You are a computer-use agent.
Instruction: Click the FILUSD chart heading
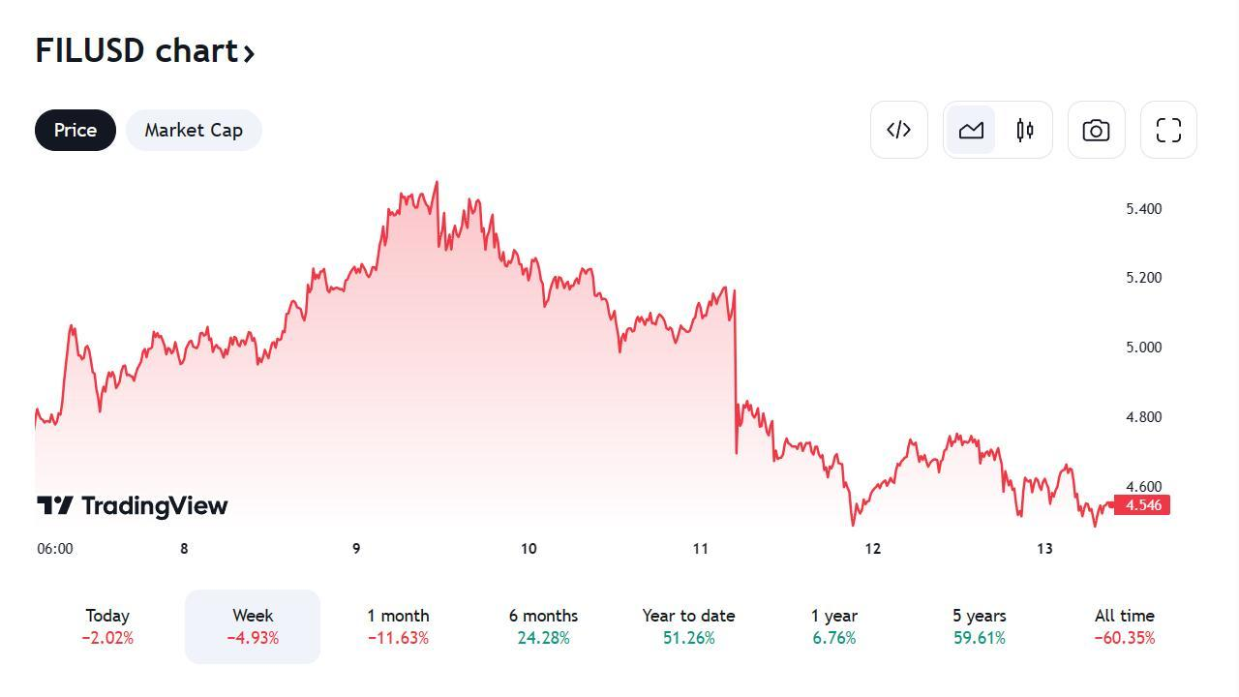pos(145,50)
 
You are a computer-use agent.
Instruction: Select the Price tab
pos(76,131)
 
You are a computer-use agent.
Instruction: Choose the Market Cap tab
pos(194,131)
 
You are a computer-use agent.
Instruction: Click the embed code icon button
pos(899,130)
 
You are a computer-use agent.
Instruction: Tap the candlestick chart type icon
pos(1025,131)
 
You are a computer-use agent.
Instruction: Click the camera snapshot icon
pos(1096,131)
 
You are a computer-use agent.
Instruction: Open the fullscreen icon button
pos(1168,131)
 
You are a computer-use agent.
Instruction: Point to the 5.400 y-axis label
pos(1143,209)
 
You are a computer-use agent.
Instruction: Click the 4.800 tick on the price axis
pos(1143,417)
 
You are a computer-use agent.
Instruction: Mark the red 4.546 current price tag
pos(1143,505)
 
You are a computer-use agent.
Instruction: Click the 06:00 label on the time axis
pos(55,549)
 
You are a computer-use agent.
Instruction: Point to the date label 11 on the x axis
pos(701,549)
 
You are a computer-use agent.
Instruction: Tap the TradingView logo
pos(133,505)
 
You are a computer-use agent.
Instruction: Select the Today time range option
pos(107,626)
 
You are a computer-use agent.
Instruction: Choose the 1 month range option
pos(398,626)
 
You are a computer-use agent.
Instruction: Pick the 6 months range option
pos(543,626)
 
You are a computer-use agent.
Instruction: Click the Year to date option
pos(688,626)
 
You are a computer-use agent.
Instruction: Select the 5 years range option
pos(979,626)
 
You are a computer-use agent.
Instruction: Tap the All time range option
pos(1124,626)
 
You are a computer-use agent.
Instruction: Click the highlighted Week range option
pos(253,626)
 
